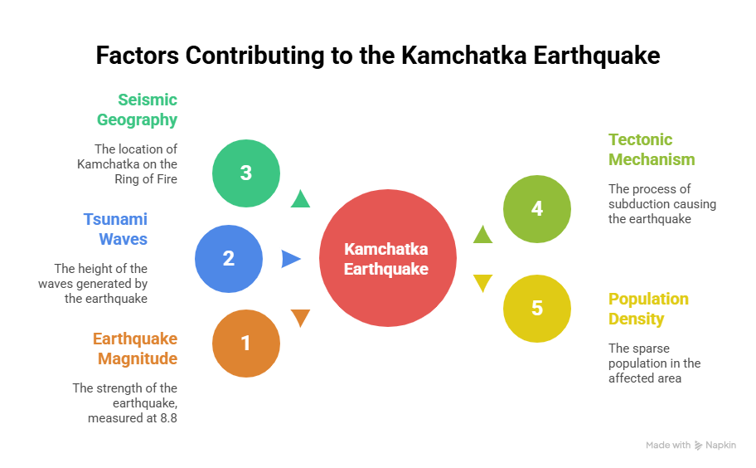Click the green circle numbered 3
(x=246, y=173)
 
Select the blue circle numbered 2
(x=229, y=259)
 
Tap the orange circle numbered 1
(x=246, y=344)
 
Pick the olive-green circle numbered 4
(x=537, y=209)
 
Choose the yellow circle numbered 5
(x=537, y=309)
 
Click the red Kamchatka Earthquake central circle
(x=388, y=258)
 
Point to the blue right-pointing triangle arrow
(x=291, y=259)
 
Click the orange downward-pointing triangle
(x=300, y=318)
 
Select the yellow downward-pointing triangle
(x=482, y=283)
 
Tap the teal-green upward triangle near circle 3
(x=300, y=199)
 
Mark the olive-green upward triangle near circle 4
(x=482, y=235)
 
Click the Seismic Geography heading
(x=138, y=110)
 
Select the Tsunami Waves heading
(x=116, y=229)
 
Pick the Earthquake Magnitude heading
(x=135, y=349)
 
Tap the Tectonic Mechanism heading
(x=652, y=149)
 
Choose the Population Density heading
(x=648, y=309)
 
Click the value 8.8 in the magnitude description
(x=169, y=418)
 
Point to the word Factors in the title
(x=138, y=55)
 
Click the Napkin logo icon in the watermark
(x=699, y=446)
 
